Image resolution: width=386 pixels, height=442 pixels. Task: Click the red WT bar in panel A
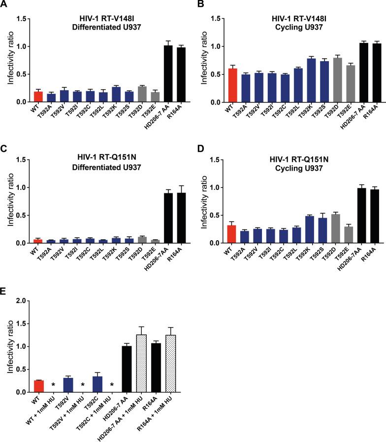point(38,97)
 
